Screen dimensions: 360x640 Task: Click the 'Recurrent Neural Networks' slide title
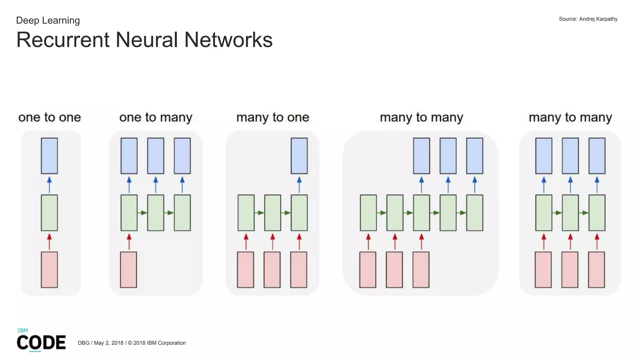pos(144,40)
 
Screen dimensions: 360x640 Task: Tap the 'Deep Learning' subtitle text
pos(48,20)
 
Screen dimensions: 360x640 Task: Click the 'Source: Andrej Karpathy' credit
pos(588,19)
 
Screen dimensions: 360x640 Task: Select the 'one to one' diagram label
pos(50,117)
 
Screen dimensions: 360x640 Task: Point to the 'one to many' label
pos(156,117)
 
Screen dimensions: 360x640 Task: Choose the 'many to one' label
pos(272,117)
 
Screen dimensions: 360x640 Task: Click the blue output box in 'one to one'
pos(49,156)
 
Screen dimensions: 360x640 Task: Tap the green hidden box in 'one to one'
pos(49,212)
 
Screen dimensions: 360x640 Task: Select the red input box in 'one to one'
pos(49,269)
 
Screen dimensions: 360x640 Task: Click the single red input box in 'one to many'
pos(128,269)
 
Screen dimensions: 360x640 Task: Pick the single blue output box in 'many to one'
pos(299,156)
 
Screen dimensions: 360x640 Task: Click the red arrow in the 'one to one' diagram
pos(49,242)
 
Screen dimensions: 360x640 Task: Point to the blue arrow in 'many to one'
pos(299,184)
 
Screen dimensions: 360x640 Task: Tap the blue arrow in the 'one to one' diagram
pos(49,184)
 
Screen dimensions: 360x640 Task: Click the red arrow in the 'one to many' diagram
pos(129,242)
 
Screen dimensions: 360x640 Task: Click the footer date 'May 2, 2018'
pos(108,343)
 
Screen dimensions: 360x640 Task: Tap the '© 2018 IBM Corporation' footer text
pos(157,343)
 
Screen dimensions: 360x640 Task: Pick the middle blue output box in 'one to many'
pos(156,156)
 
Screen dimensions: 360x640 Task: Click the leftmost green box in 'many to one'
pos(246,212)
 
